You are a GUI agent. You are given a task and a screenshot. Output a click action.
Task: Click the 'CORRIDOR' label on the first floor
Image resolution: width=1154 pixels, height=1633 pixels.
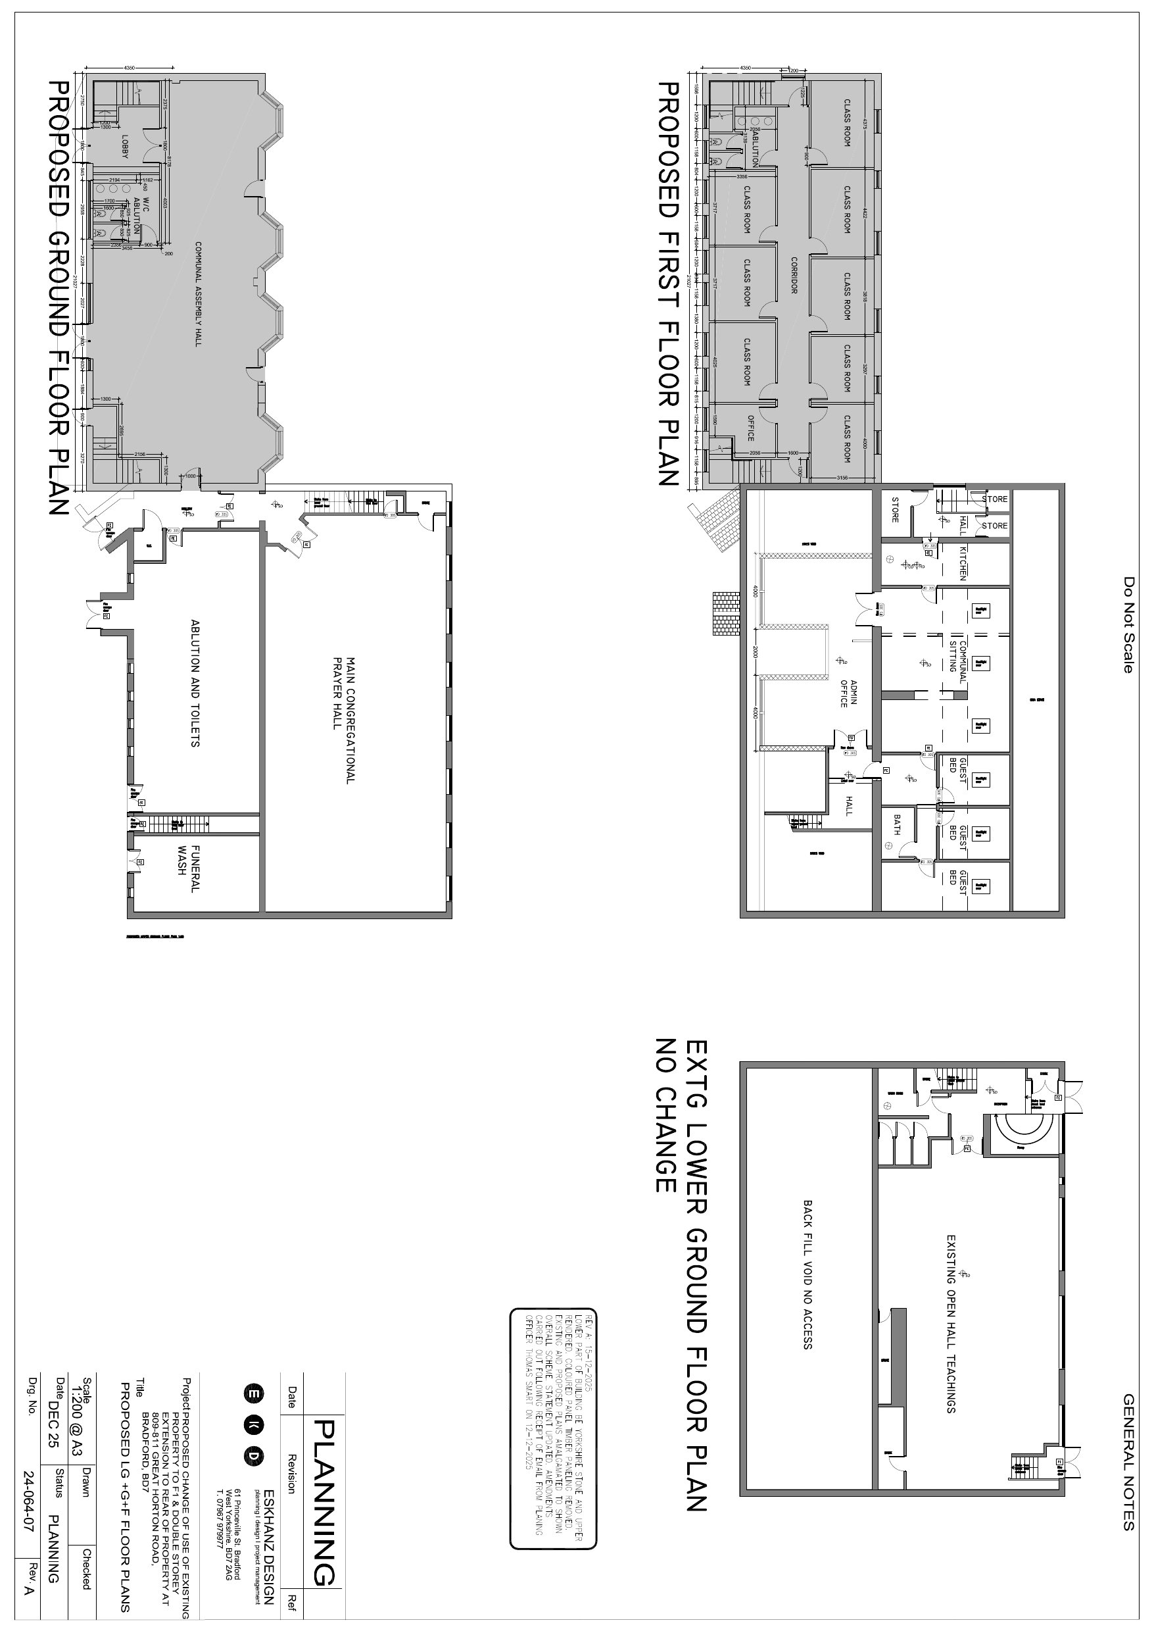click(x=794, y=275)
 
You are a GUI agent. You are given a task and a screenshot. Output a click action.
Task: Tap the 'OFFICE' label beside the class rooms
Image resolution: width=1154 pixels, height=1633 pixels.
click(x=750, y=428)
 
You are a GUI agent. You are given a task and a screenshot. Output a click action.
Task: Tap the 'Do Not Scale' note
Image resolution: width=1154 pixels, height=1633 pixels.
click(x=1128, y=624)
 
